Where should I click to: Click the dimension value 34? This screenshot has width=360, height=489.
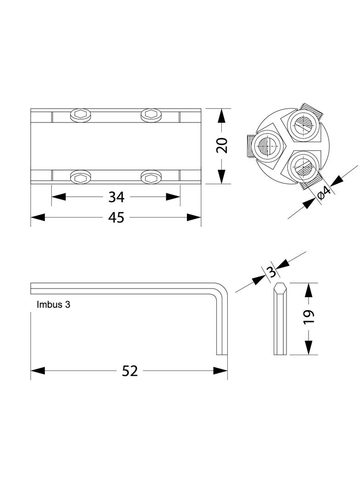pyautogui.click(x=116, y=197)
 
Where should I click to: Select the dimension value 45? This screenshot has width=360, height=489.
pyautogui.click(x=116, y=217)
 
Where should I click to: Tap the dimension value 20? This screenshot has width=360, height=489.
pyautogui.click(x=222, y=145)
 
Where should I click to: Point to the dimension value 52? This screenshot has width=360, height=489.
pyautogui.click(x=129, y=371)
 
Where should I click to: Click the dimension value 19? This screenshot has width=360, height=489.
pyautogui.click(x=309, y=317)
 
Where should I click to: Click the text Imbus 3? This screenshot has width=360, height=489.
pyautogui.click(x=53, y=305)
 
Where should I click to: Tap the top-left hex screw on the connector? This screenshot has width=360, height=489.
pyautogui.click(x=81, y=115)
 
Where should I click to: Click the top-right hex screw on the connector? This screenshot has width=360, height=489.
pyautogui.click(x=151, y=115)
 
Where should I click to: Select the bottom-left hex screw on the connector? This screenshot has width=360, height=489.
pyautogui.click(x=81, y=177)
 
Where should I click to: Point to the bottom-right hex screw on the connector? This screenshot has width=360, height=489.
pyautogui.click(x=151, y=177)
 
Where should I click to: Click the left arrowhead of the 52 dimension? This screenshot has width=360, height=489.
pyautogui.click(x=38, y=371)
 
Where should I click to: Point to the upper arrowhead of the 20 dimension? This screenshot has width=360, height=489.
pyautogui.click(x=221, y=116)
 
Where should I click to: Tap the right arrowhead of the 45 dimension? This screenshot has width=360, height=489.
pyautogui.click(x=194, y=217)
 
